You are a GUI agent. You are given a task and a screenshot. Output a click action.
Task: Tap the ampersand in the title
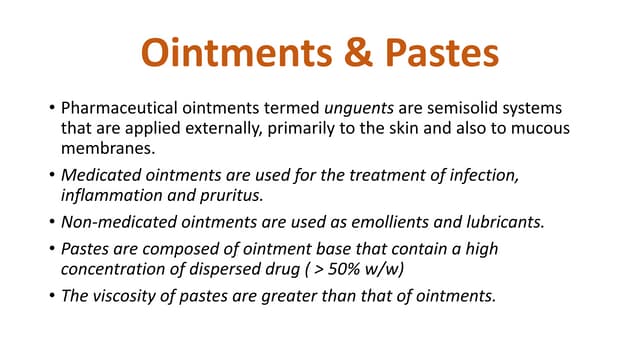tap(351, 52)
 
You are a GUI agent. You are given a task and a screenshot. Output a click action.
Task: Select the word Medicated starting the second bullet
tap(97, 176)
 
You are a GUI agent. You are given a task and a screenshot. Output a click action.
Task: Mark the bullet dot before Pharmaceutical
tap(49, 107)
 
